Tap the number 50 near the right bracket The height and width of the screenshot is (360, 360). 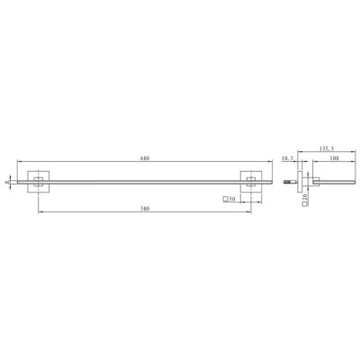231,198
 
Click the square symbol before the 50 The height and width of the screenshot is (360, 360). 224,198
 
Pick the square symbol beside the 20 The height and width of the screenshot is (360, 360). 305,205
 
